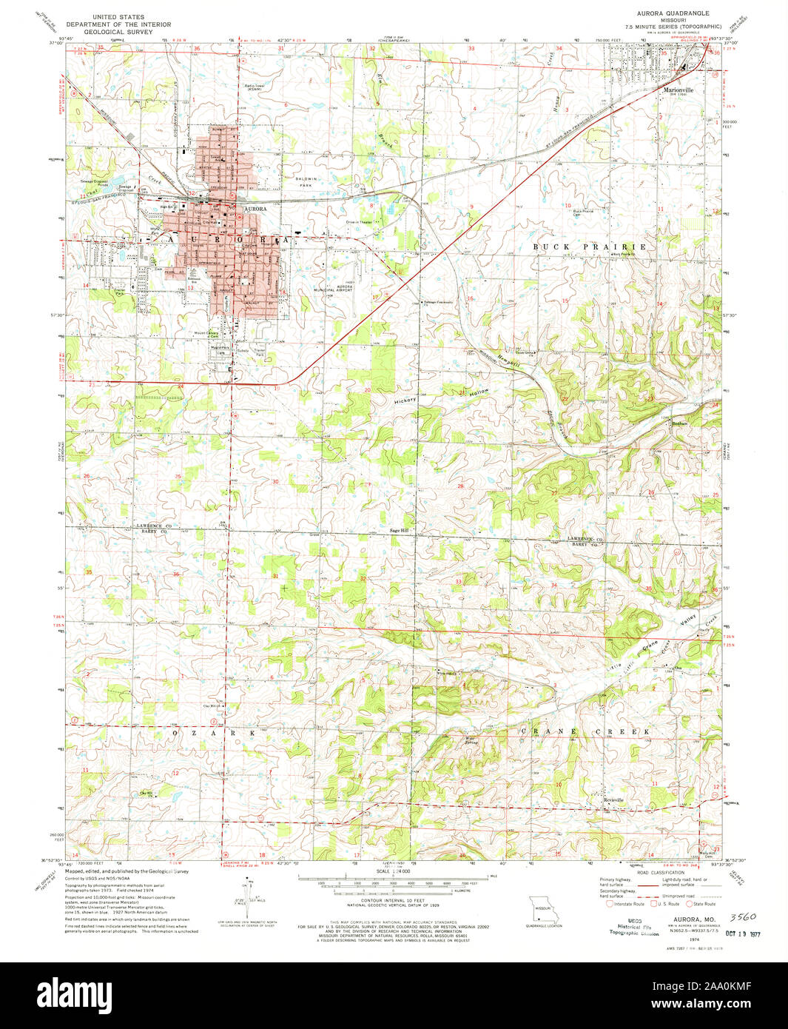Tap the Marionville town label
[x=677, y=90]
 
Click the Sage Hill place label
[x=400, y=530]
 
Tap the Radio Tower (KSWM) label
[x=255, y=87]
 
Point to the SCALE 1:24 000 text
[x=393, y=871]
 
